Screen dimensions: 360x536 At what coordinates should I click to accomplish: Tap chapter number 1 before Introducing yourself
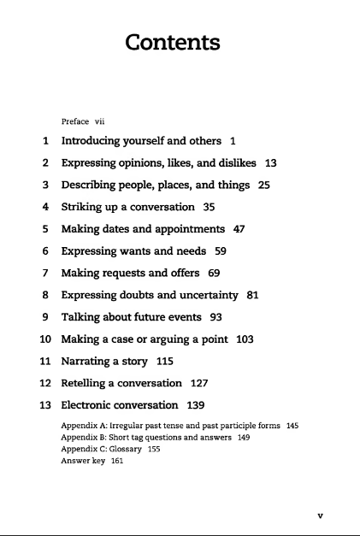(44, 139)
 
